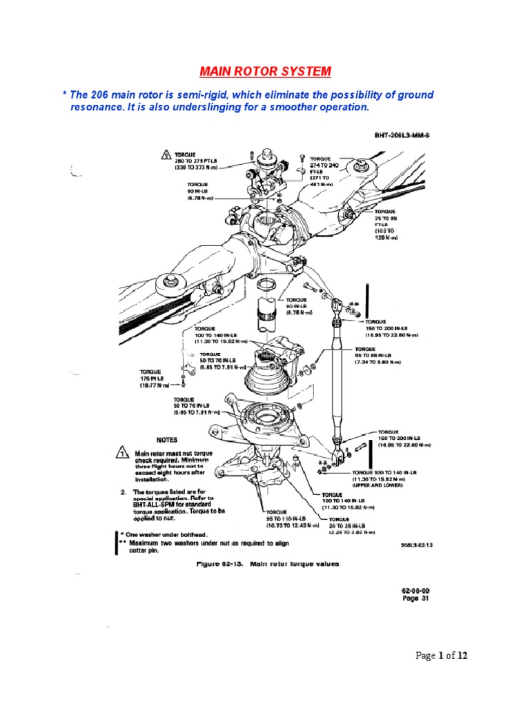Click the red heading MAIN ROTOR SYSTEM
[265, 71]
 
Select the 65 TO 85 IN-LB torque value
[381, 356]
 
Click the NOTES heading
[168, 438]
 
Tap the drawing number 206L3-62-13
[417, 545]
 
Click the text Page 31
[415, 599]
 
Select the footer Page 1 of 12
[442, 656]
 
